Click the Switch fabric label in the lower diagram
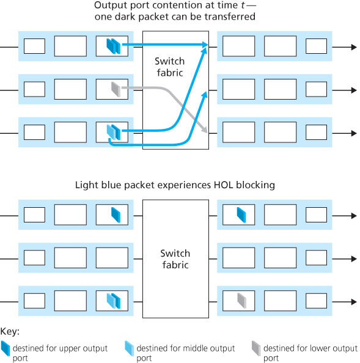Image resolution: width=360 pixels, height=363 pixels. coord(175,259)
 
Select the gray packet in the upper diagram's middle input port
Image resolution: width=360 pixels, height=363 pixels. coord(114,89)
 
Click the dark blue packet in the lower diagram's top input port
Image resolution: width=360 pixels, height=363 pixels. coord(114,215)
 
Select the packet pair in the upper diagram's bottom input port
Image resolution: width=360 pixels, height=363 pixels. coord(112,132)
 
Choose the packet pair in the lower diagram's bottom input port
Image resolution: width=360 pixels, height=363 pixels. coord(113,300)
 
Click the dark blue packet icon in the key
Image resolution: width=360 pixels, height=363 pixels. coord(6,349)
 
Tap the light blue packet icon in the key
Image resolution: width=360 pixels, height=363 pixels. coord(129,349)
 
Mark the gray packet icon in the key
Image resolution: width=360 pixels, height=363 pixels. coord(255,349)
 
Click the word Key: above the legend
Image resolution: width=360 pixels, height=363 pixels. coord(10,332)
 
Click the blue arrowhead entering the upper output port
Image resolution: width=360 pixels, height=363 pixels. coord(205,45)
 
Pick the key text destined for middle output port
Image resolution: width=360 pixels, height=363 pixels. coord(186,353)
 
